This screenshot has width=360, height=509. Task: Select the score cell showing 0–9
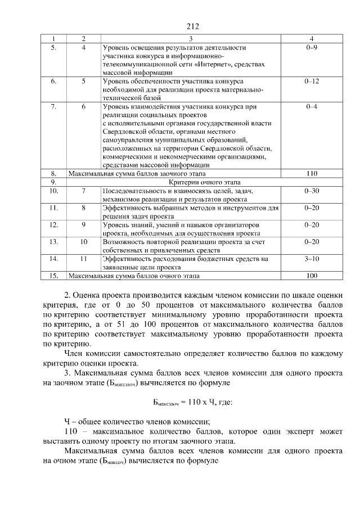coord(312,48)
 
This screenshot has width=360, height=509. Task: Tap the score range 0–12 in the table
coord(312,82)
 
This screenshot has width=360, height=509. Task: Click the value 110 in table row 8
coord(312,174)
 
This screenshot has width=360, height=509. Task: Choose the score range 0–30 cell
coord(312,191)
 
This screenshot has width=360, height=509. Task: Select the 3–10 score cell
coord(312,259)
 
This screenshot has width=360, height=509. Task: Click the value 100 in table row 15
coord(312,276)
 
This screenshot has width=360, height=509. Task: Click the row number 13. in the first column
coord(54,242)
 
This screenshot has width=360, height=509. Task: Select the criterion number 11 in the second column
coord(83,259)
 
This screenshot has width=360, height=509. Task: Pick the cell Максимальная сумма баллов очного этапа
coord(134,276)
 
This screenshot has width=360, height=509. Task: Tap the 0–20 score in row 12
coord(312,225)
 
